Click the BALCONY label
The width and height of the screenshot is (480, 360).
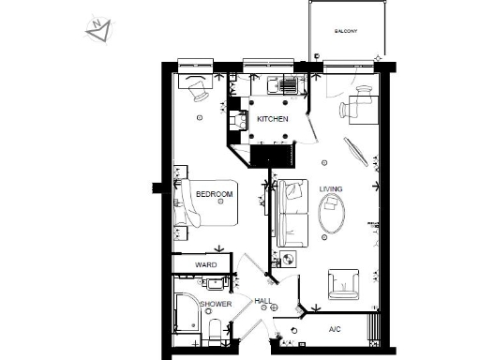coord(346,31)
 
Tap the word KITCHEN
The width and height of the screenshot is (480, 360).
coord(272,119)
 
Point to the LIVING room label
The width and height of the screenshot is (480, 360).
coord(331,189)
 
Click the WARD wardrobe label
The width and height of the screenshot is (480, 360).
coord(206,265)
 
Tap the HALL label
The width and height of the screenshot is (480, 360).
coord(263,301)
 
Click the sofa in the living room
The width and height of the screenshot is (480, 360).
coord(292,210)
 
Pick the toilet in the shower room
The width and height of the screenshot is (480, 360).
coord(215,331)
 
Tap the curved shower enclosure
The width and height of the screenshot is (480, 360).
coord(187,314)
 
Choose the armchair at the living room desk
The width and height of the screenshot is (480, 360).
coord(360,110)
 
